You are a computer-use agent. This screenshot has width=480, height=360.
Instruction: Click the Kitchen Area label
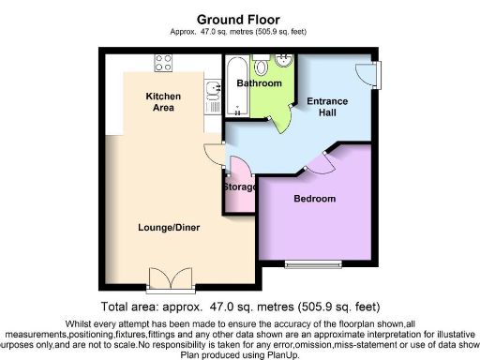tap(162, 102)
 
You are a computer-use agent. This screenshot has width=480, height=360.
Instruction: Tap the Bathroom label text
tap(258, 83)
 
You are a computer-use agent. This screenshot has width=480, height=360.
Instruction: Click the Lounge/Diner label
tap(169, 227)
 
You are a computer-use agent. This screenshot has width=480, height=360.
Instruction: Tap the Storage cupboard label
tap(240, 187)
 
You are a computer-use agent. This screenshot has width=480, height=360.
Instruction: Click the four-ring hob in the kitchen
tap(163, 64)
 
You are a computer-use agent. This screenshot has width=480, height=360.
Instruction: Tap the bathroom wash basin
tap(262, 65)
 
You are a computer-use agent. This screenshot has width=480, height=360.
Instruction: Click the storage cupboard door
tap(237, 169)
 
